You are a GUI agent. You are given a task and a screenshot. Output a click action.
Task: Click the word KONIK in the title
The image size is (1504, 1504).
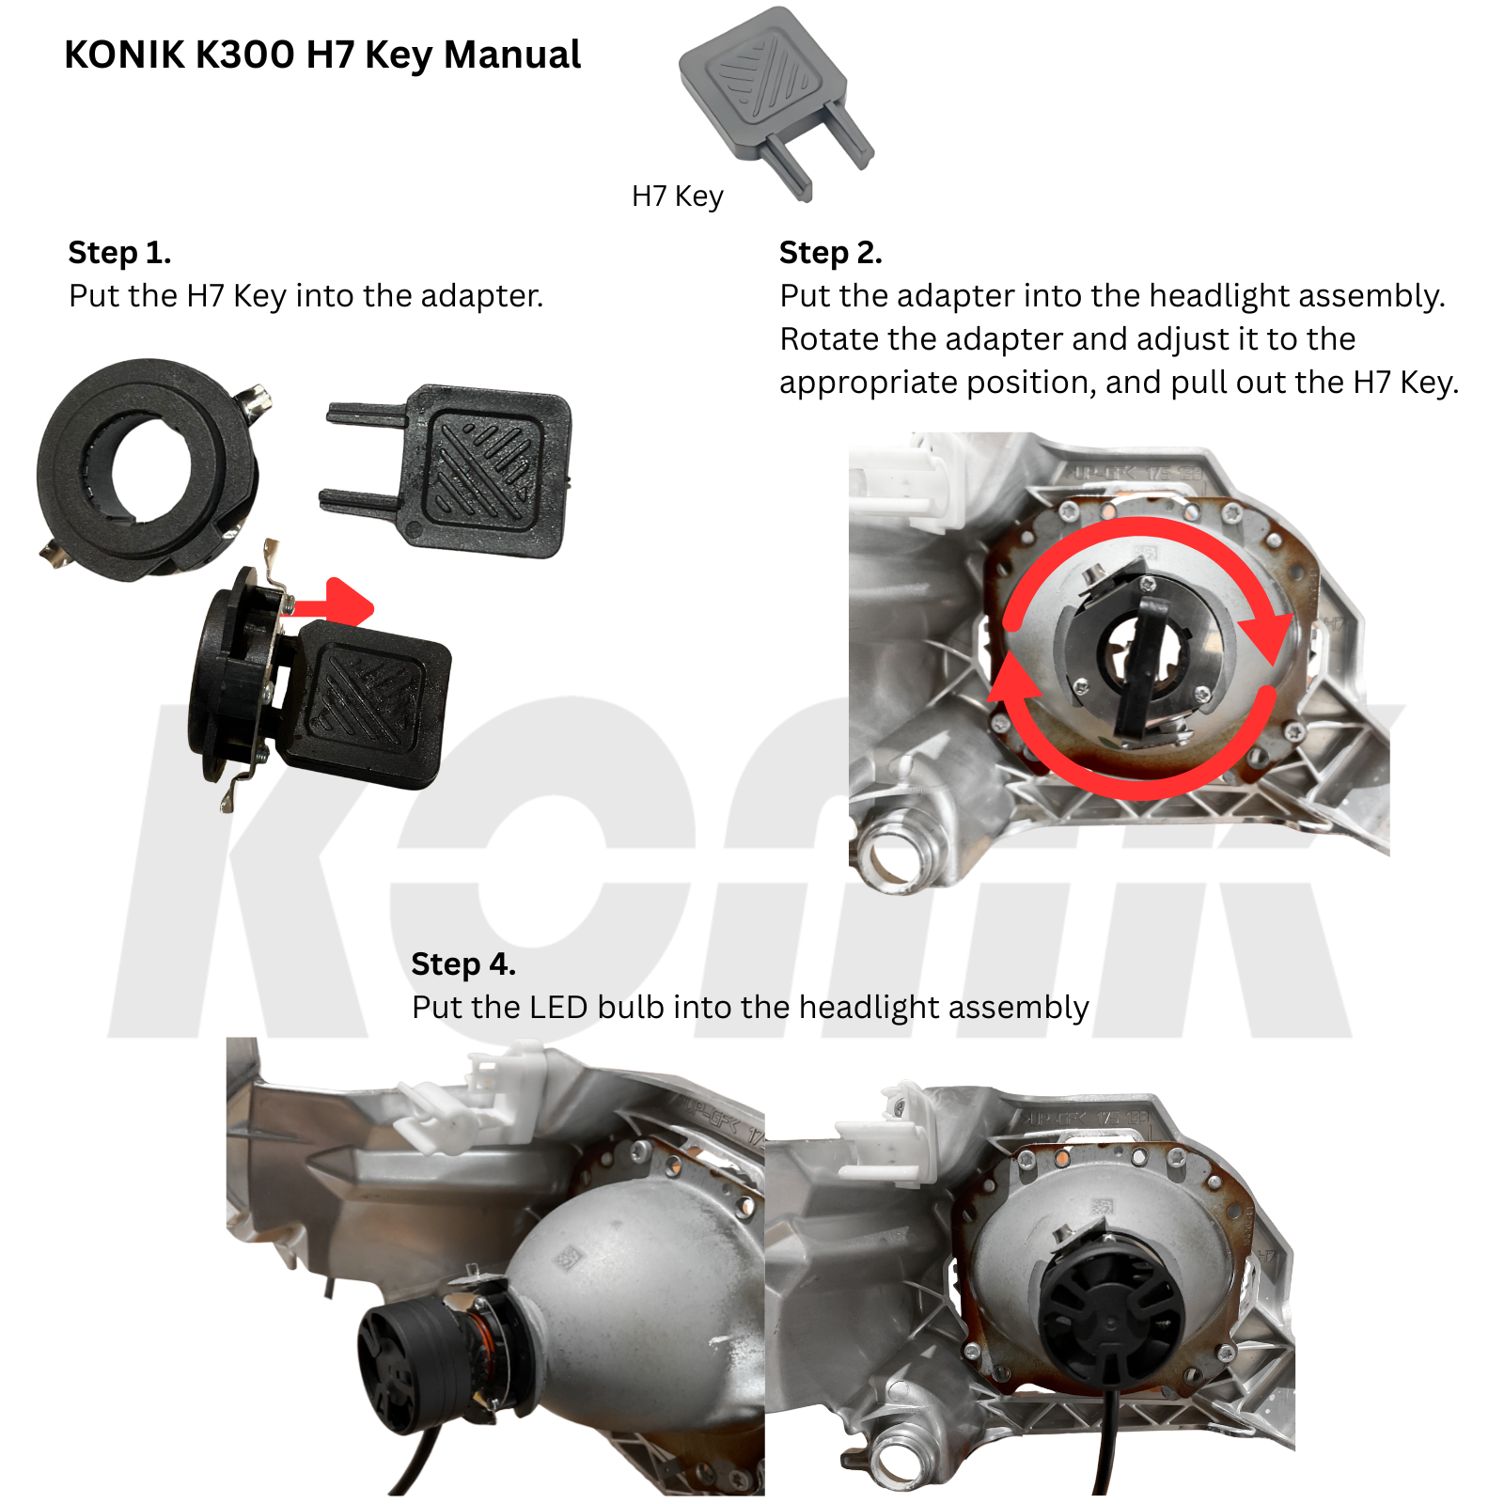tap(125, 55)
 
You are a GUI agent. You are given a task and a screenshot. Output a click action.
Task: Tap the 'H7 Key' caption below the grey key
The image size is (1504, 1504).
tap(678, 196)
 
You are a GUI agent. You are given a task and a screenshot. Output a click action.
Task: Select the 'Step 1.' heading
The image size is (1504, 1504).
tap(119, 252)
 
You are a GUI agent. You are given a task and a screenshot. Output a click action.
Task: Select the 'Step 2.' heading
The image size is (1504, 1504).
tap(831, 252)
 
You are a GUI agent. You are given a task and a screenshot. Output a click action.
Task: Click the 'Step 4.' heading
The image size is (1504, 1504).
tap(463, 963)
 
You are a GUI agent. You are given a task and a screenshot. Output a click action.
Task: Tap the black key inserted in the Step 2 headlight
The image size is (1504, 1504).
tap(1145, 660)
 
